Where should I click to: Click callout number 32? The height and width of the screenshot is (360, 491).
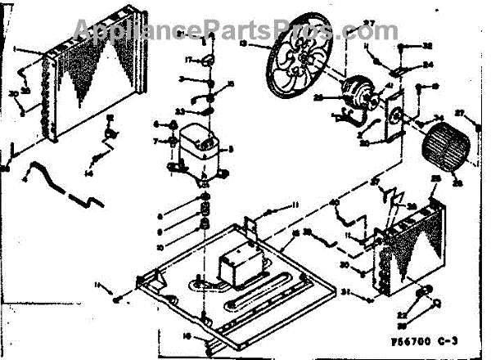[x=427, y=46]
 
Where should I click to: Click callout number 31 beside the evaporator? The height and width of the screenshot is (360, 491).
[x=346, y=290]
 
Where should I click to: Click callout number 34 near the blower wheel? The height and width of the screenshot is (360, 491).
[x=439, y=117]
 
